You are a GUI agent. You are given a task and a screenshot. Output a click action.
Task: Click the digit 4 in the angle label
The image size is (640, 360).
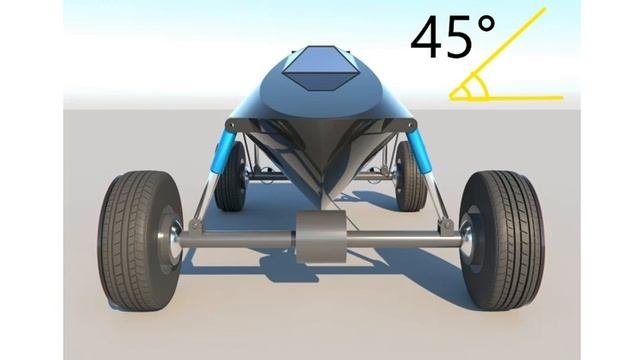(428, 37)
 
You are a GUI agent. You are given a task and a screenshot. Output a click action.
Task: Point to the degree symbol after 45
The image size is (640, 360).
(486, 25)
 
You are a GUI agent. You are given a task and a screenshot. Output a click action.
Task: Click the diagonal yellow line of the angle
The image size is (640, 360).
(498, 53)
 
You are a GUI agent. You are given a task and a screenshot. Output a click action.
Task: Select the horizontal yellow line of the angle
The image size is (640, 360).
(506, 98)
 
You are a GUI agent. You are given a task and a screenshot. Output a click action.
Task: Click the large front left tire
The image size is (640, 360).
(140, 240)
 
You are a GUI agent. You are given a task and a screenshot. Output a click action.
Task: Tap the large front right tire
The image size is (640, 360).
(501, 240)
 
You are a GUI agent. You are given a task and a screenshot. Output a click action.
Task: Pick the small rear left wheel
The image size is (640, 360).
(231, 176)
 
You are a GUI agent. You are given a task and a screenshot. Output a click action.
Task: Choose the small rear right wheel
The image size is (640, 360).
(410, 176)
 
